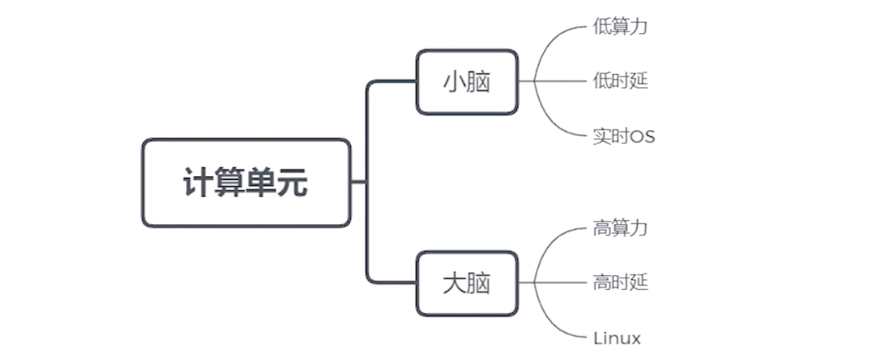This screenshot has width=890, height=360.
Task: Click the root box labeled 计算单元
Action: click(x=246, y=183)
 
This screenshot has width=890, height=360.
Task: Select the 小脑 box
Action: click(x=466, y=82)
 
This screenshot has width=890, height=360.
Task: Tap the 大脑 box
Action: click(x=466, y=283)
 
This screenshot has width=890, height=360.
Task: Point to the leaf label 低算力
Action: click(x=620, y=26)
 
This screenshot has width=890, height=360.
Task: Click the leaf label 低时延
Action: click(x=620, y=81)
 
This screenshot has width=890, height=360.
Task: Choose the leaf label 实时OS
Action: click(x=624, y=136)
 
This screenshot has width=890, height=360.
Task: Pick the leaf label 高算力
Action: click(x=620, y=228)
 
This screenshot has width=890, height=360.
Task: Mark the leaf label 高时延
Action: click(x=620, y=283)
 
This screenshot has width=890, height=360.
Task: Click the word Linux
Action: click(x=616, y=338)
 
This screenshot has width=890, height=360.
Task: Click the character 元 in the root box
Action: click(x=293, y=183)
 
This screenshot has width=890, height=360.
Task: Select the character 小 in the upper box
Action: click(x=454, y=82)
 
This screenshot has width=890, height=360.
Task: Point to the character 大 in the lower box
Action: click(x=454, y=283)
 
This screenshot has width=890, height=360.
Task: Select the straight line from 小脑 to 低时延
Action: click(x=560, y=81)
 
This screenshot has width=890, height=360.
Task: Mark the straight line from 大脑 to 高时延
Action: click(x=560, y=283)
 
